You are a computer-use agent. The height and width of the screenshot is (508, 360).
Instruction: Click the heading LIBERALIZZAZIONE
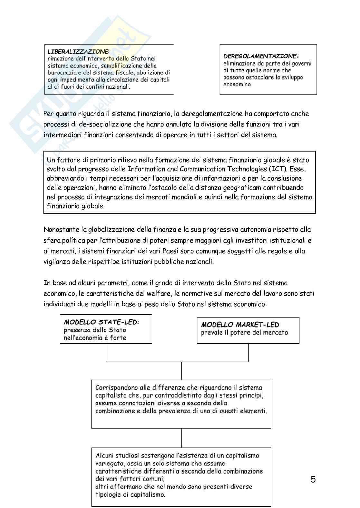tap(78, 51)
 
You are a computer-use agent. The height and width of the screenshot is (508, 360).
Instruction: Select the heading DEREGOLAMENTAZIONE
tap(261, 56)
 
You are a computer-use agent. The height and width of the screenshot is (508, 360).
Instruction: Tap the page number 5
tap(313, 480)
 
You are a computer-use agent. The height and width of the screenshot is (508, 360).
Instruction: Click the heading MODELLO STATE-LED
tap(101, 322)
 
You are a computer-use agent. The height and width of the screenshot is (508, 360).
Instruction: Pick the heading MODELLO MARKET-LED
tap(240, 325)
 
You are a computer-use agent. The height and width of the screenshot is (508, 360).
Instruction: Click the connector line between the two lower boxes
tap(181, 438)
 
